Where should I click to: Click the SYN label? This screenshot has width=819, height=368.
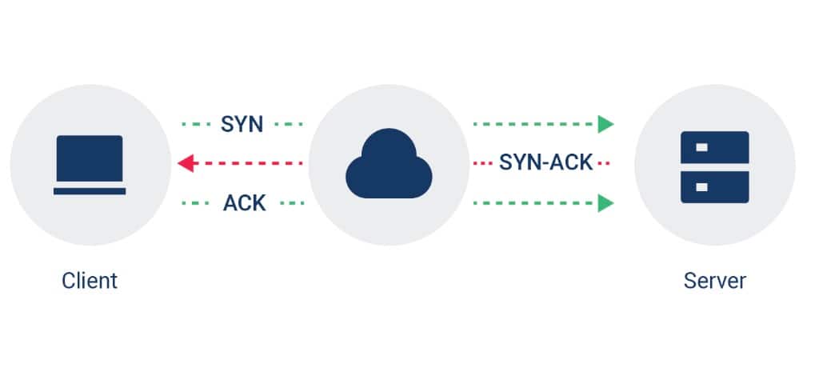click(x=242, y=124)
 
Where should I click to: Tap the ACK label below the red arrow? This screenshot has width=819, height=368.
click(x=244, y=203)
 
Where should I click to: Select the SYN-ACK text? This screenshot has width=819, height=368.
click(x=545, y=163)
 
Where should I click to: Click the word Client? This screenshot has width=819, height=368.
click(x=90, y=281)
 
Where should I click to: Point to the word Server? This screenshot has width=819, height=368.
click(x=714, y=281)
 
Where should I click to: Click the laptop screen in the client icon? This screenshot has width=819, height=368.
click(x=90, y=160)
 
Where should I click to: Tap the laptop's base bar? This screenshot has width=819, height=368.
click(x=90, y=191)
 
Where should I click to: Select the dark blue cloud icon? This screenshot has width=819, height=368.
click(x=389, y=166)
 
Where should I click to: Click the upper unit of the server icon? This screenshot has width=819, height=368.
click(x=714, y=148)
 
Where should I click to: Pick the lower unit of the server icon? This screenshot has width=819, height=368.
click(x=714, y=187)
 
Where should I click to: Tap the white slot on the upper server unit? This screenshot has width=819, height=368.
click(x=701, y=148)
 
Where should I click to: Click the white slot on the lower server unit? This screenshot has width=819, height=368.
click(x=701, y=187)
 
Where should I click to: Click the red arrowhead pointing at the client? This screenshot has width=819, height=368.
click(x=185, y=164)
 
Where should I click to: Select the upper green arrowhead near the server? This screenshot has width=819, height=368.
click(x=606, y=124)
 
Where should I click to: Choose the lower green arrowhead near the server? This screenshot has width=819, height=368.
click(x=606, y=203)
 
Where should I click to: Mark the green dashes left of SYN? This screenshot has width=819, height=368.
click(x=195, y=124)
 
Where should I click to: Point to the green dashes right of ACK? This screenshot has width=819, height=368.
click(x=290, y=203)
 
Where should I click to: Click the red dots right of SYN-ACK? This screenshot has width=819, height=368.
click(x=604, y=164)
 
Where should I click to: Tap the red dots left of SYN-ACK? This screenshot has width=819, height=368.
click(x=482, y=164)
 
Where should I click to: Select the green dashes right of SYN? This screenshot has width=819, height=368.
click(x=289, y=124)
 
